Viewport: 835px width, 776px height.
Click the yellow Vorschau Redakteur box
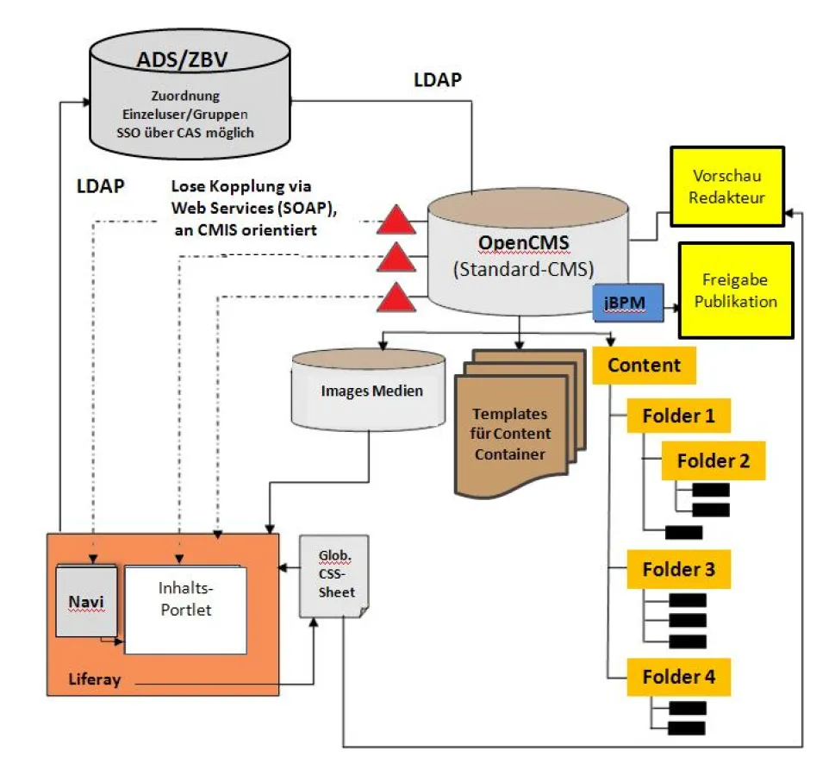pyautogui.click(x=726, y=187)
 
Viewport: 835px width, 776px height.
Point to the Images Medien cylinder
pyautogui.click(x=371, y=391)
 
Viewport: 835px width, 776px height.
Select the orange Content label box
pyautogui.click(x=644, y=365)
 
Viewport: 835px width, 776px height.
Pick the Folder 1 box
pyautogui.click(x=678, y=416)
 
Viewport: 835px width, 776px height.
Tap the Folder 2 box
pyautogui.click(x=713, y=460)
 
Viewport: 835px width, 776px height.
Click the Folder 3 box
pyautogui.click(x=678, y=570)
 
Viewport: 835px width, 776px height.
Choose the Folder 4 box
pyautogui.click(x=678, y=677)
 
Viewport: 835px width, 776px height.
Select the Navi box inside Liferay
pyautogui.click(x=85, y=600)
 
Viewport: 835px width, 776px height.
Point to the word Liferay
pyautogui.click(x=94, y=680)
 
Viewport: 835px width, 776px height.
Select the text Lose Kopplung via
pyautogui.click(x=240, y=187)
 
